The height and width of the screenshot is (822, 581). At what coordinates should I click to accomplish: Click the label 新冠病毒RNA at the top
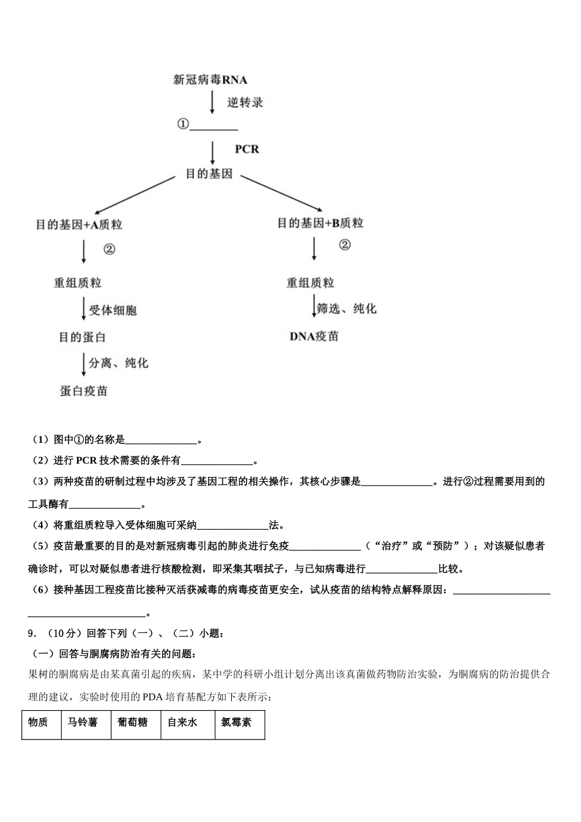point(210,80)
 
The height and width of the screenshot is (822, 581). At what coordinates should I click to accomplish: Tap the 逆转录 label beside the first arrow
point(245,103)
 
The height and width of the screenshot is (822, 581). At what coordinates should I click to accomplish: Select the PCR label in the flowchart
point(247,149)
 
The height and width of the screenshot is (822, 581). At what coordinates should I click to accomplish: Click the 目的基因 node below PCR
point(209,174)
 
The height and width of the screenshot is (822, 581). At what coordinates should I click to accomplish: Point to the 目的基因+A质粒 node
point(79,225)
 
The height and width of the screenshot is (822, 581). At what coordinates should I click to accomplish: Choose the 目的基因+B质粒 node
point(320,223)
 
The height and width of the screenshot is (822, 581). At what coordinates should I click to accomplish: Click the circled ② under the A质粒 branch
point(109,249)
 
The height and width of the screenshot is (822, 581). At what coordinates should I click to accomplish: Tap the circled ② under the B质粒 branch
point(345,245)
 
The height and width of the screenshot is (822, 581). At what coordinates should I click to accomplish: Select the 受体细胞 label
point(113,311)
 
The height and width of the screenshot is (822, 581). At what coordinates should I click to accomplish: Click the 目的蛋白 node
point(83,337)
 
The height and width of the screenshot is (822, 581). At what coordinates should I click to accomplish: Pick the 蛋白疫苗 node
point(84,391)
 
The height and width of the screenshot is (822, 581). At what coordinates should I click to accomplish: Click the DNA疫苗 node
point(314,336)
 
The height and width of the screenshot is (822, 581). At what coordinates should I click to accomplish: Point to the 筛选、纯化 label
point(347,309)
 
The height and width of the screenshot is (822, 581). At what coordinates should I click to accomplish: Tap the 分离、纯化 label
point(119,363)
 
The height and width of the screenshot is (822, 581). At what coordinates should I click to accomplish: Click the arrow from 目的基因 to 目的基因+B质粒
point(281,193)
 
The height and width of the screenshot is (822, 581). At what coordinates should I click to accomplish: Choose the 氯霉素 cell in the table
point(237,723)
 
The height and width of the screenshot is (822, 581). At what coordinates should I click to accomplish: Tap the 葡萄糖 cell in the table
point(133,723)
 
